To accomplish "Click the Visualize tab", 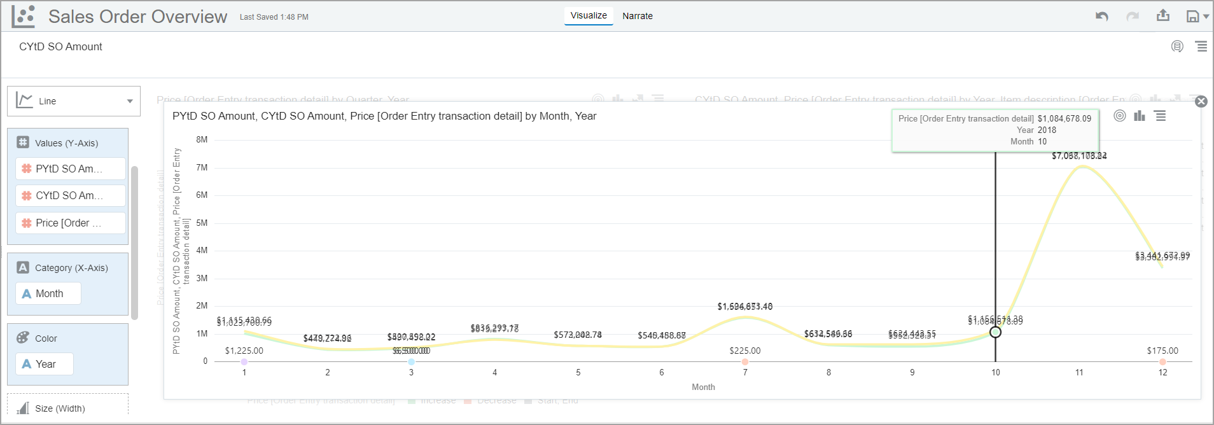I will click(x=589, y=16).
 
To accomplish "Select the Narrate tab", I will click(x=638, y=16).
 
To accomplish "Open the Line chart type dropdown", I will click(x=74, y=101).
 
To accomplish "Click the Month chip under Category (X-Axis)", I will click(x=49, y=293).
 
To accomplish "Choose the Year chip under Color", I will click(x=45, y=364).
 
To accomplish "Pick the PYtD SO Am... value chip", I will click(x=69, y=169).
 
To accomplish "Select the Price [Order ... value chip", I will click(x=69, y=223).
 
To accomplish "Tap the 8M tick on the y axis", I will click(x=202, y=140).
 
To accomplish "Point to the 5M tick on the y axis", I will click(x=202, y=223).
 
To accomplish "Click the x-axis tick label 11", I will click(x=1079, y=373).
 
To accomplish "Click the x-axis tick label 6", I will click(x=662, y=373).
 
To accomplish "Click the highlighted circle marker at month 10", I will click(x=996, y=332).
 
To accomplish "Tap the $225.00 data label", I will click(x=745, y=351).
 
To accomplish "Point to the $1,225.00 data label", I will click(x=244, y=351).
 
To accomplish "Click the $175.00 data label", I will click(x=1162, y=351).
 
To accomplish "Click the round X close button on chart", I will click(x=1201, y=102).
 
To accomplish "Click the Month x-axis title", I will click(x=703, y=387).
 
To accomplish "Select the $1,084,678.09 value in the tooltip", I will click(x=1064, y=119).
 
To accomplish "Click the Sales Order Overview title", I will click(x=137, y=17).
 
